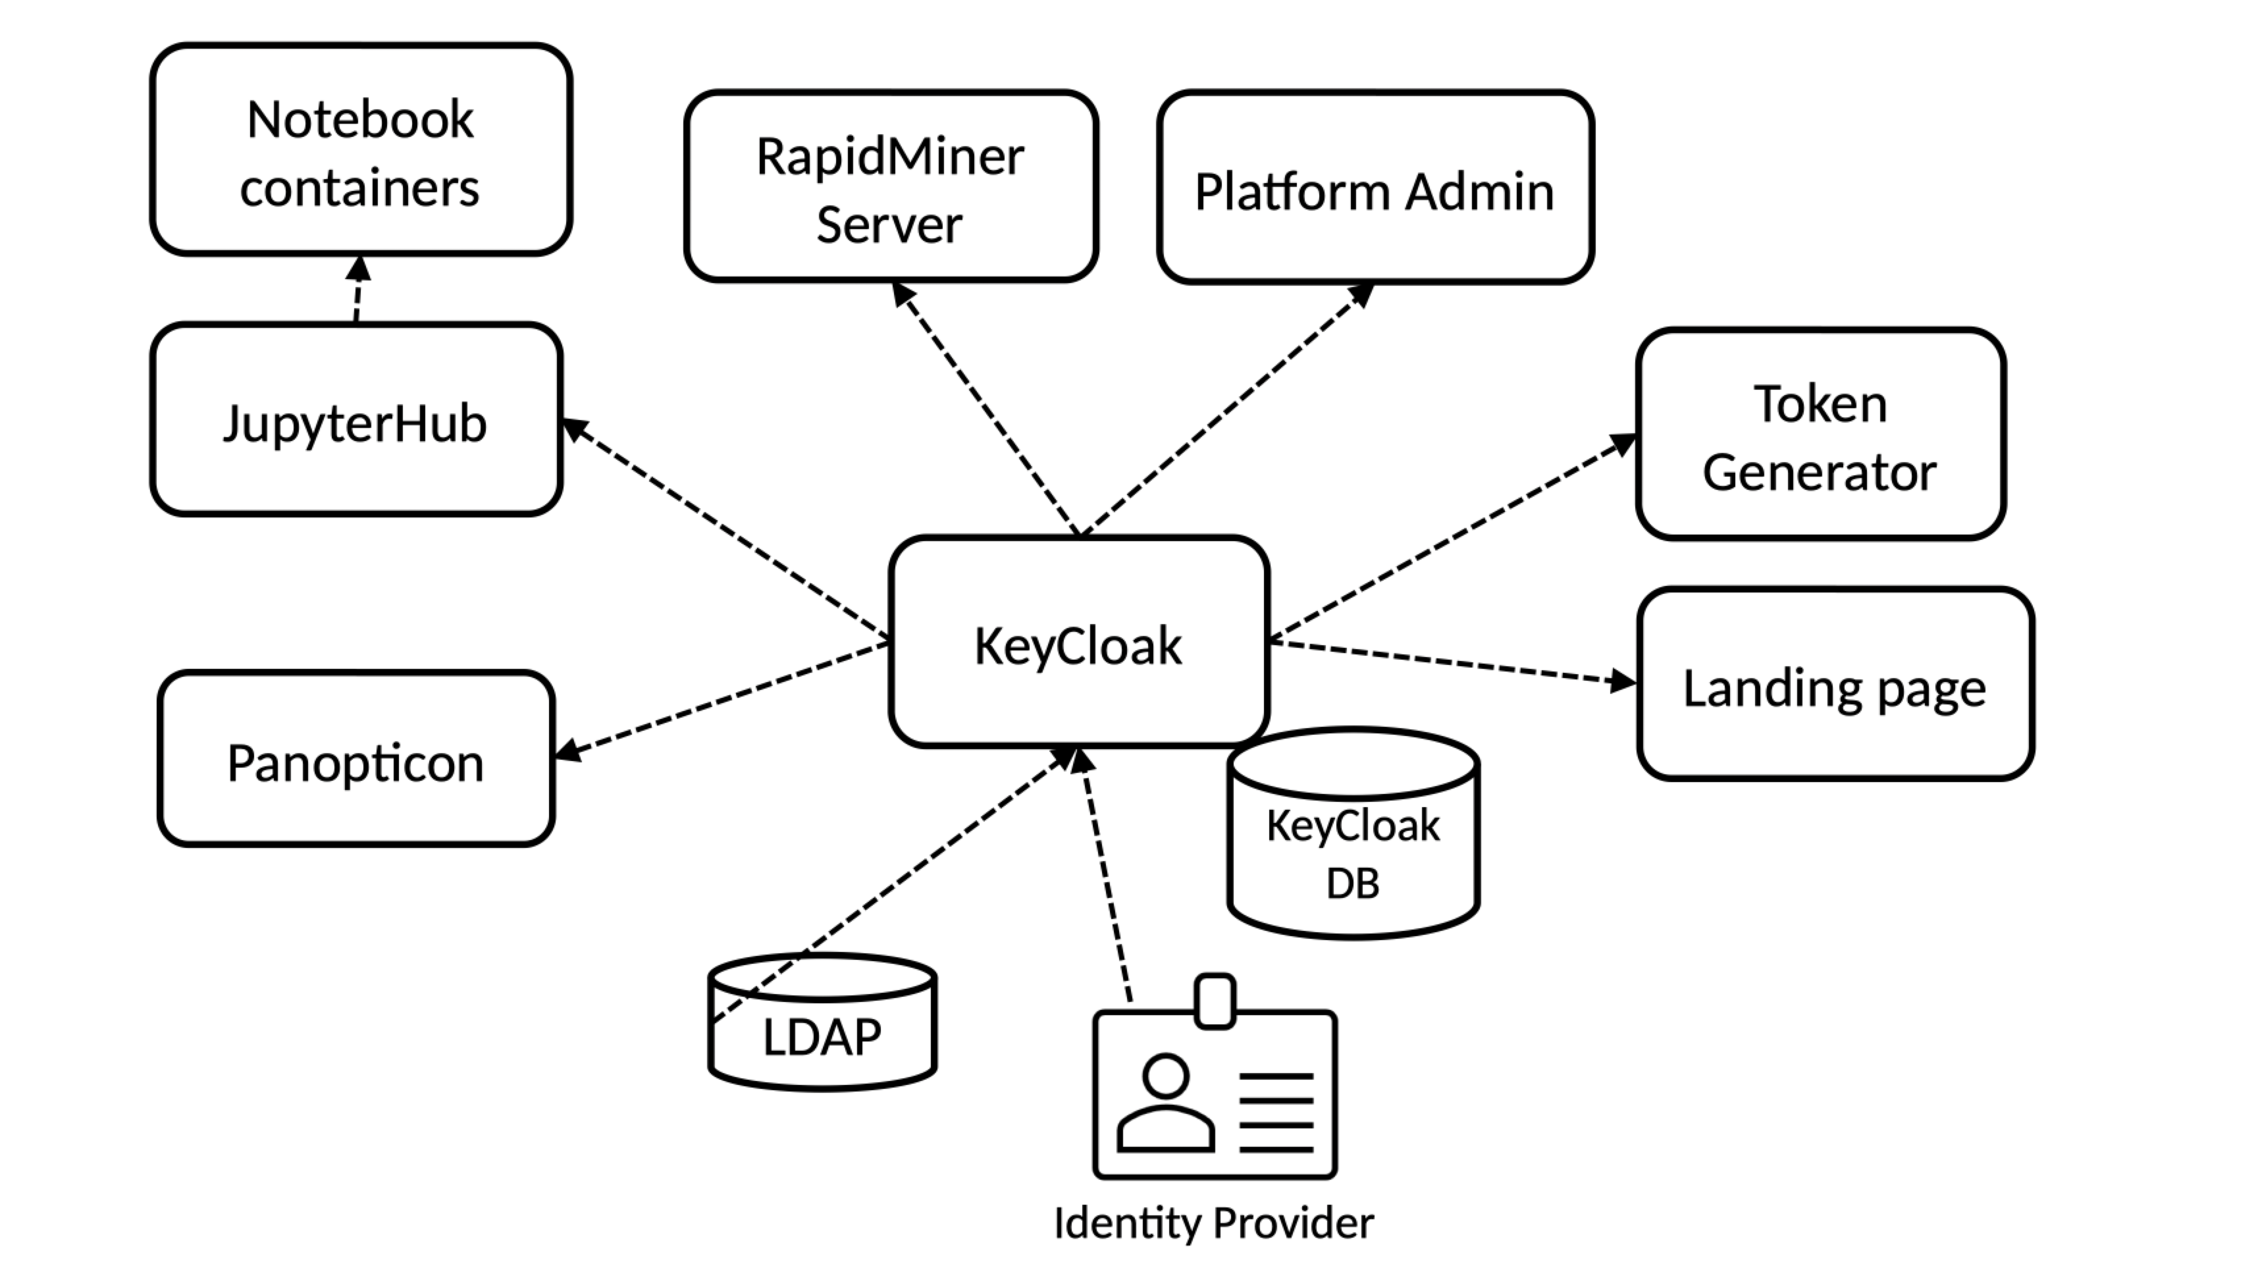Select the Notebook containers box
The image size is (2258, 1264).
click(360, 151)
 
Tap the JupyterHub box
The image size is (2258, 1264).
click(355, 421)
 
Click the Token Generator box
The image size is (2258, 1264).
click(1820, 434)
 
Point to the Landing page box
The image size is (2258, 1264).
click(1834, 685)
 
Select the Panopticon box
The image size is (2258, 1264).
click(355, 759)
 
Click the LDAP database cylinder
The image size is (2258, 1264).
click(822, 1034)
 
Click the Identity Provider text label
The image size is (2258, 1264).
click(1213, 1223)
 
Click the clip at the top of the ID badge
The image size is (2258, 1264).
click(1214, 1000)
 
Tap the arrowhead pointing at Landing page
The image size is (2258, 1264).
click(1623, 680)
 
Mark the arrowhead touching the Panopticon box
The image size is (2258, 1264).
click(568, 750)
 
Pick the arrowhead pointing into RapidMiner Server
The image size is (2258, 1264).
click(902, 294)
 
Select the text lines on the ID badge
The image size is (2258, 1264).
click(1275, 1111)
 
